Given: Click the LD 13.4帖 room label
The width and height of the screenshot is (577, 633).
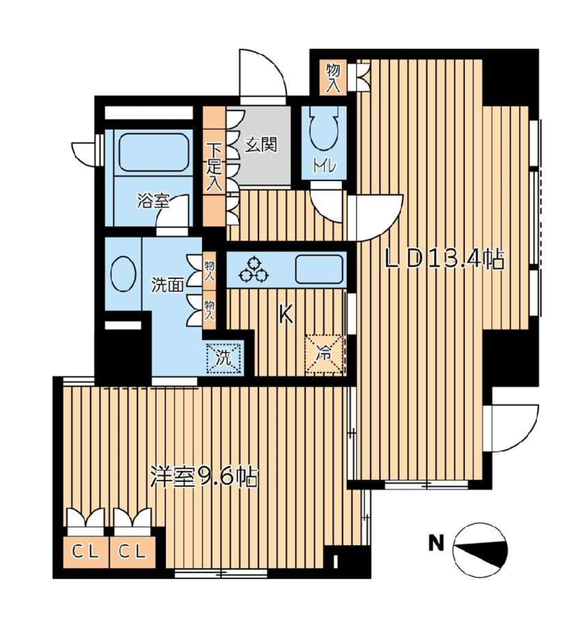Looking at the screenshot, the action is (444, 259).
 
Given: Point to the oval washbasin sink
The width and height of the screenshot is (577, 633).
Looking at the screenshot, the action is (123, 274).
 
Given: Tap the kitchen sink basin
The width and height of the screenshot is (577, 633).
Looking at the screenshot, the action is (319, 269).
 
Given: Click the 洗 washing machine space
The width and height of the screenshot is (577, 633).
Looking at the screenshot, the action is (224, 357).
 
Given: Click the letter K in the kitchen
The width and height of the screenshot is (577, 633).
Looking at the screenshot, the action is (286, 314).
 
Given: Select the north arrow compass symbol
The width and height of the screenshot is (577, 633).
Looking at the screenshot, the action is (480, 550).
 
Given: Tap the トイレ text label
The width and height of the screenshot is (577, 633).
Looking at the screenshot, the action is (324, 166).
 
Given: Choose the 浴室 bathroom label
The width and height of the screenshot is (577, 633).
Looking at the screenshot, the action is (154, 202).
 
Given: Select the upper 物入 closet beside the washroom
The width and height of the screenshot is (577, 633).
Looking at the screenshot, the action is (209, 271).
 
